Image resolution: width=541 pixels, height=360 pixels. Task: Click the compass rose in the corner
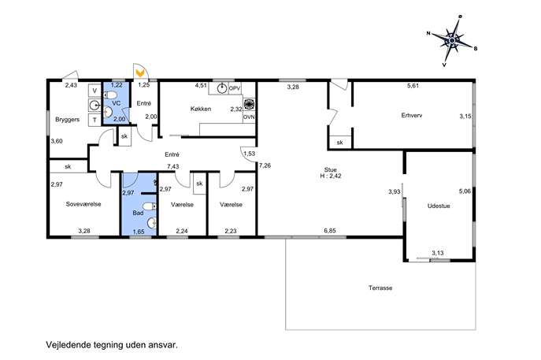[x=452, y=41]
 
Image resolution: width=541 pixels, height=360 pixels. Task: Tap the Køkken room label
[x=201, y=109]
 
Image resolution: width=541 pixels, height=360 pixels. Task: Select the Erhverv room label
[x=412, y=115]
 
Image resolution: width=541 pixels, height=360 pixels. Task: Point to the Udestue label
[x=439, y=206]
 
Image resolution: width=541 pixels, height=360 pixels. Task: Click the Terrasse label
[x=380, y=288]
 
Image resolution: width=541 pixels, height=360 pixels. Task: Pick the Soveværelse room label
[x=83, y=204]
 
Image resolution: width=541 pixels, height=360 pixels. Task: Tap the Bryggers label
[x=67, y=120]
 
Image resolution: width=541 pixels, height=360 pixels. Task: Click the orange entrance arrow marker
[x=140, y=73]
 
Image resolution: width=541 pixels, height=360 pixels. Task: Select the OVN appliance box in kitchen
[x=249, y=117]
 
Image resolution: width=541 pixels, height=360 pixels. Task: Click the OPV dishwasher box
[x=235, y=88]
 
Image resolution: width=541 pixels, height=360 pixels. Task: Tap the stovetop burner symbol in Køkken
[x=248, y=104]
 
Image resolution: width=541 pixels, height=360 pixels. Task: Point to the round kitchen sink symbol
[x=221, y=89]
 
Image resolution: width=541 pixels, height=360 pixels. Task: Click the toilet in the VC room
[x=111, y=95]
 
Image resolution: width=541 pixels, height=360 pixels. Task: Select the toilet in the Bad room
[x=150, y=206]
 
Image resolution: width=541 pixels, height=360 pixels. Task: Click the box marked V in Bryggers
[x=94, y=91]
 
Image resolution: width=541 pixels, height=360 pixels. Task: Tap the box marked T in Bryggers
[x=94, y=120]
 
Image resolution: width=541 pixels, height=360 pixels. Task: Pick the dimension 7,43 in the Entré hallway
[x=173, y=166]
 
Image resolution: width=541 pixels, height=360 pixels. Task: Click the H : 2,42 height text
[x=330, y=176]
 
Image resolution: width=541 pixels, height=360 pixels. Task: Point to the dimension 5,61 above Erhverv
[x=413, y=86]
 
